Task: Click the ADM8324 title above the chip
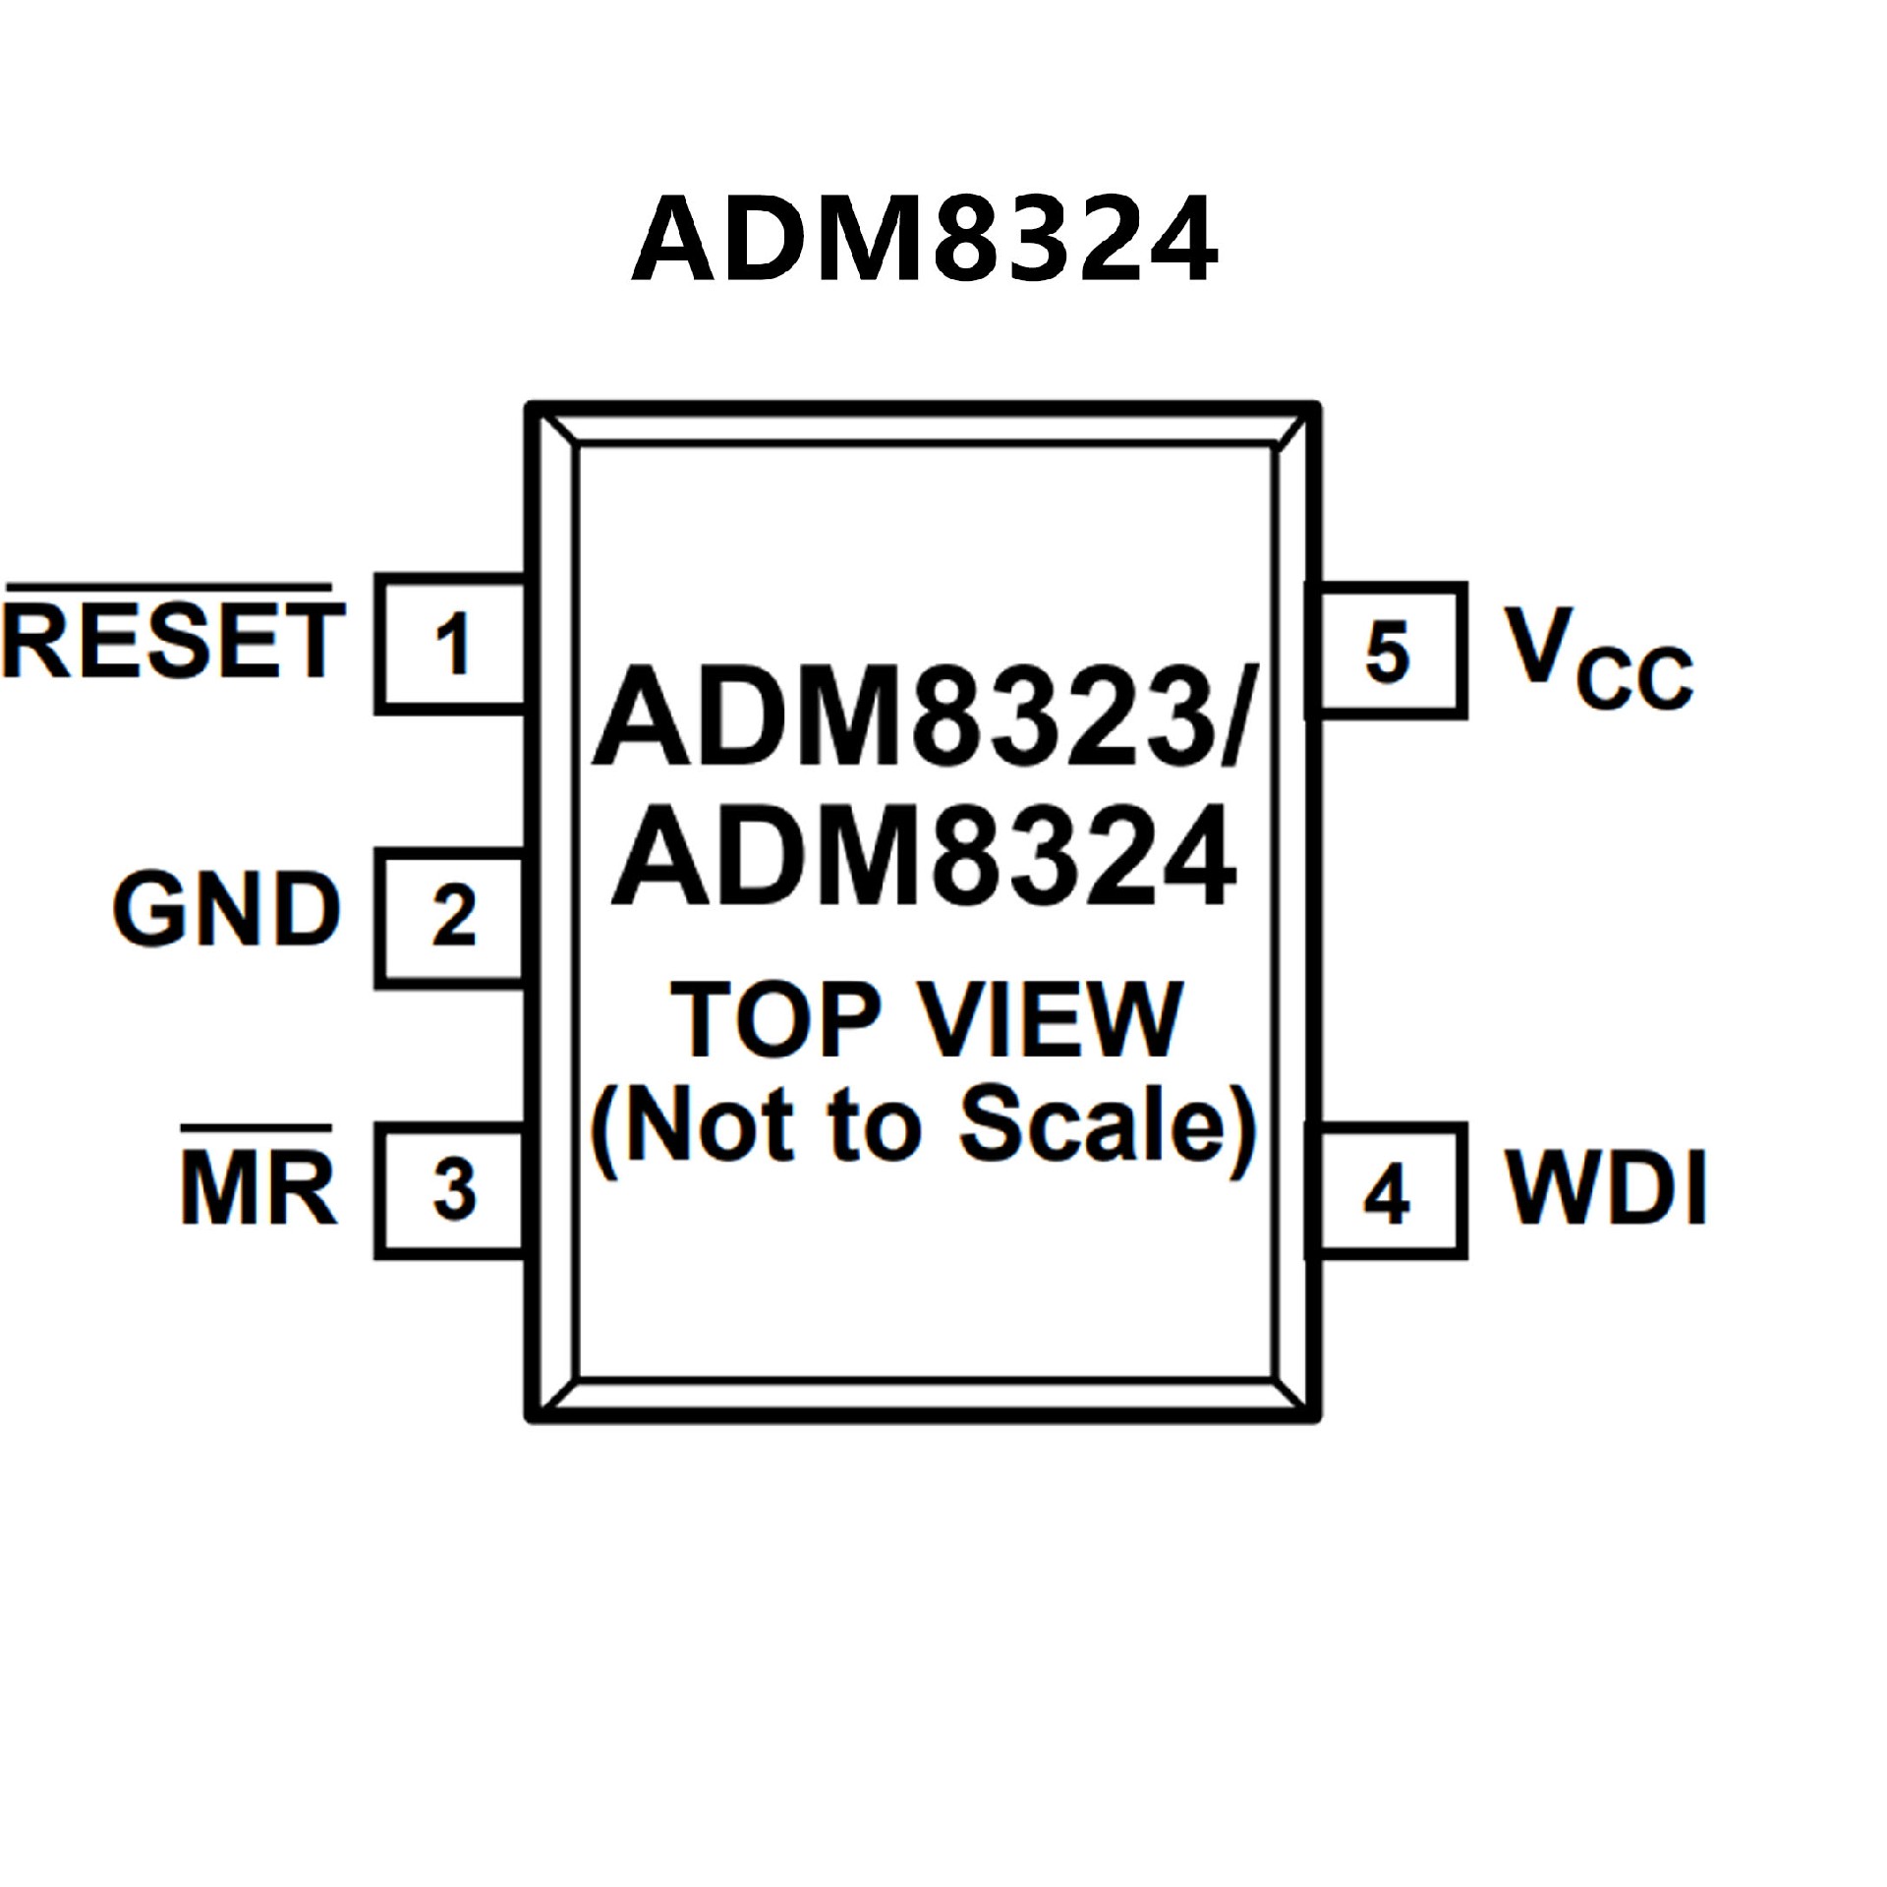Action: [x=924, y=239]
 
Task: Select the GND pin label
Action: [x=226, y=911]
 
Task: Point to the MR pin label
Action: [x=258, y=1190]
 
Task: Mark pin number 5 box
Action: [x=1388, y=651]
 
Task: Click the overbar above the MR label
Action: [x=256, y=1127]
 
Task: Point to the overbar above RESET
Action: [x=169, y=588]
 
